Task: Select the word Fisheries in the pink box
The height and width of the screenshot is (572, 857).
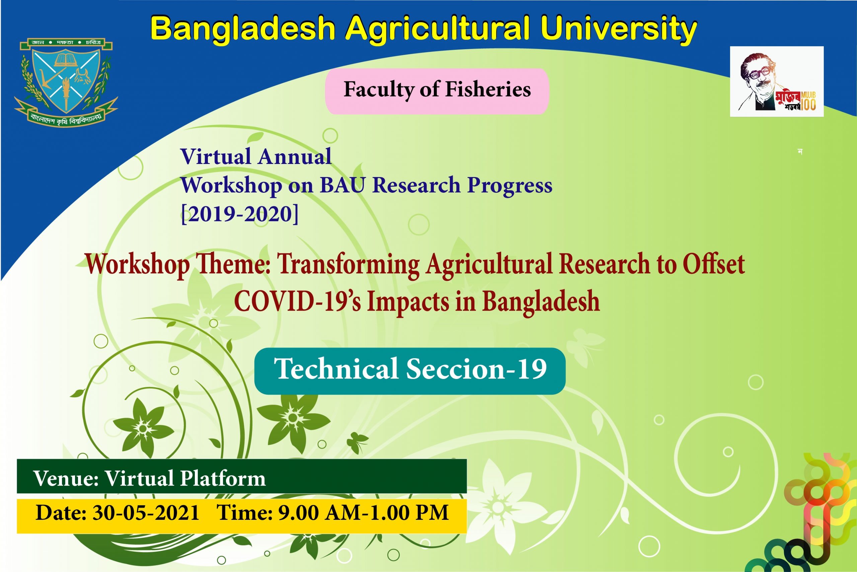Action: [488, 90]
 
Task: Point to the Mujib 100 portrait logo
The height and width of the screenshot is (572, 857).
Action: [776, 81]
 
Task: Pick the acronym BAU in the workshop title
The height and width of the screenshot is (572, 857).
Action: [342, 185]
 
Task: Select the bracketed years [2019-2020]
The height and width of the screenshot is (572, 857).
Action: [240, 214]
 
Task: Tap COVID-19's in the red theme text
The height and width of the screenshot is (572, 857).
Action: [297, 301]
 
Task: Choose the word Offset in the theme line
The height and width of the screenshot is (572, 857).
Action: [714, 263]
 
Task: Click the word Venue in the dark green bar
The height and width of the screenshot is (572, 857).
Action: [66, 478]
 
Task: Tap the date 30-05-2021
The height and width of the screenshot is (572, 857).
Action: [146, 512]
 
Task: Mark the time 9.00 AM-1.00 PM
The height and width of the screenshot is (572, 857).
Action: [363, 512]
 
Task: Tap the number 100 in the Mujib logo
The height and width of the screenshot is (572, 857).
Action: [808, 105]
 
